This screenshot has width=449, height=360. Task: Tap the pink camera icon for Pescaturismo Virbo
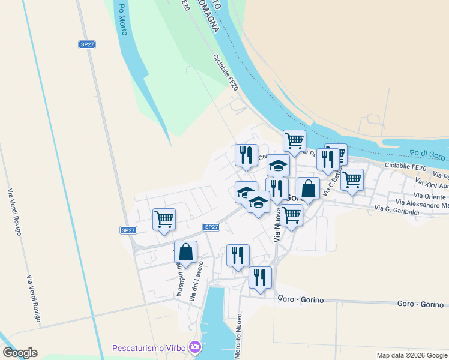point(194,347)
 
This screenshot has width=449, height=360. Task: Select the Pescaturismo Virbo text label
point(149,348)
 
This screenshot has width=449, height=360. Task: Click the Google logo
point(20,353)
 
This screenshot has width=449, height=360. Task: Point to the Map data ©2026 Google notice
point(412,355)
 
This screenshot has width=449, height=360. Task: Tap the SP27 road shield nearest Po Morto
point(87,44)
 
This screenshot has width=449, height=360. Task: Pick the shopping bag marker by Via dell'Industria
point(185,251)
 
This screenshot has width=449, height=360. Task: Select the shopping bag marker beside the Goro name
point(308,188)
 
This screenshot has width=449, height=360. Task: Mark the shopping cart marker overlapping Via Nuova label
point(291,214)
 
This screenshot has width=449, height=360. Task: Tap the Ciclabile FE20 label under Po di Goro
point(405,166)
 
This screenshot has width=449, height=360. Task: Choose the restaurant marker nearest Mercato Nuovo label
point(259,277)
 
